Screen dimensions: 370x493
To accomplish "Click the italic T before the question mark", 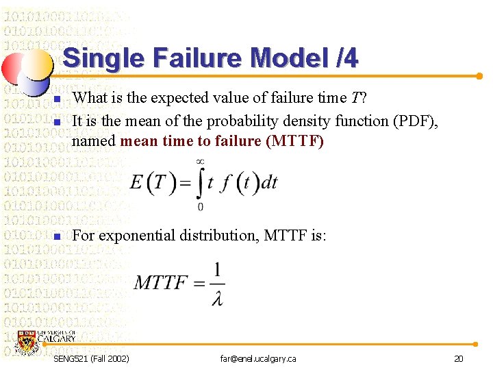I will coord(355,98).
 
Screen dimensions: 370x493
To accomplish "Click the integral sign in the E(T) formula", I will coord(200,183).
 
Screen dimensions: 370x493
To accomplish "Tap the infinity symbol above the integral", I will coord(200,162).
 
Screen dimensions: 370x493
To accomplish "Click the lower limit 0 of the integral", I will coord(200,207).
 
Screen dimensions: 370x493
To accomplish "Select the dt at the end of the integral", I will coord(269,183).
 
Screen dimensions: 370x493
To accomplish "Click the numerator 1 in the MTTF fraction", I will coord(217,270).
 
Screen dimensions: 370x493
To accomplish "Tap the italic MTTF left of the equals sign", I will coord(162,283).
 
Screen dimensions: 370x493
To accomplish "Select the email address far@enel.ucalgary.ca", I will coord(258,359).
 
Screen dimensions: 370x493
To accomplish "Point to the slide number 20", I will coord(458,359).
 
